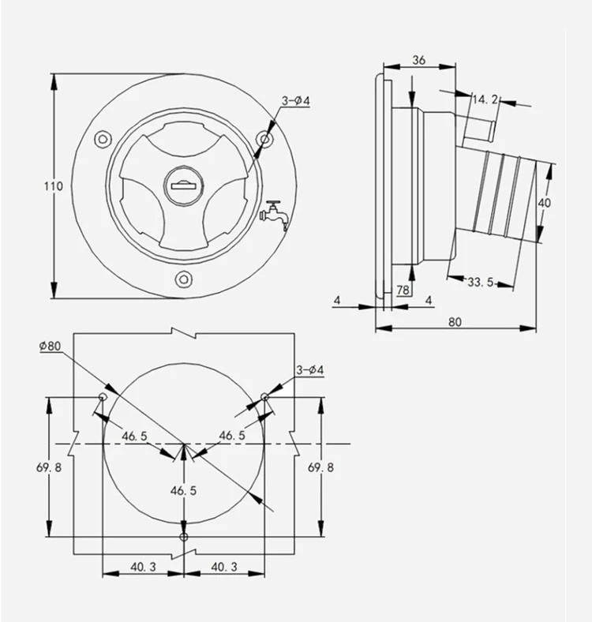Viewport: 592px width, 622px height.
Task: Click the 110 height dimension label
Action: (x=53, y=186)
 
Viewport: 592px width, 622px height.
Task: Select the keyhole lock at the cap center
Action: (x=183, y=186)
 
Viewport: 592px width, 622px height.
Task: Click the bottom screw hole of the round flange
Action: (x=183, y=279)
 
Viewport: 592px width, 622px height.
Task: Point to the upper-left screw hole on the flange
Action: (x=103, y=139)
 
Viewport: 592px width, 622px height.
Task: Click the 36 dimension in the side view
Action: (x=419, y=60)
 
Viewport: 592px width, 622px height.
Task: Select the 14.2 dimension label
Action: (x=485, y=99)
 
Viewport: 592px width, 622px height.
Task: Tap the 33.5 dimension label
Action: (x=481, y=283)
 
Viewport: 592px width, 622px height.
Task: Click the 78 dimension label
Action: (x=403, y=290)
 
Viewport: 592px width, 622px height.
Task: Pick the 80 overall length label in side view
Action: (x=455, y=322)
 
